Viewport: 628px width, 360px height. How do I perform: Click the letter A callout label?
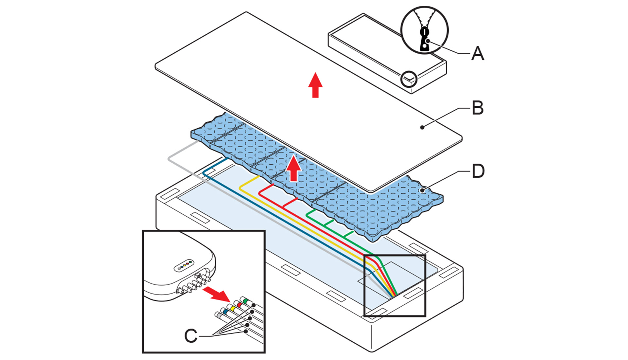478,53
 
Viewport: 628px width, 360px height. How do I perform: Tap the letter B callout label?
478,108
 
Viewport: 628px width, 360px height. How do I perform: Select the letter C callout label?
191,336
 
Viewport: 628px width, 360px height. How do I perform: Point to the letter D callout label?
478,171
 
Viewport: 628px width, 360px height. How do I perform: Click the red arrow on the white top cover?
315,85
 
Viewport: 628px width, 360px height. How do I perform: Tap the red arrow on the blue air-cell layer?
294,169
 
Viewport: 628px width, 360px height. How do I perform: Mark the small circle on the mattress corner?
409,79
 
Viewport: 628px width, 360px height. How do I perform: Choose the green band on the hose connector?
245,300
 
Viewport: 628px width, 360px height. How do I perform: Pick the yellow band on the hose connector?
233,308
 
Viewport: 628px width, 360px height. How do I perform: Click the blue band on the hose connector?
225,313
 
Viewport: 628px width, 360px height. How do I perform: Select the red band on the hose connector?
239,305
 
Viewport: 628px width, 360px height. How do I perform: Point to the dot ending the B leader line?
422,127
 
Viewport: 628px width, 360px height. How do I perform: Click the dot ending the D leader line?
422,190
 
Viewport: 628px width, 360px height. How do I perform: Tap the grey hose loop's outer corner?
169,159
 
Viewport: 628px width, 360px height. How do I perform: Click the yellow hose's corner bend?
241,188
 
